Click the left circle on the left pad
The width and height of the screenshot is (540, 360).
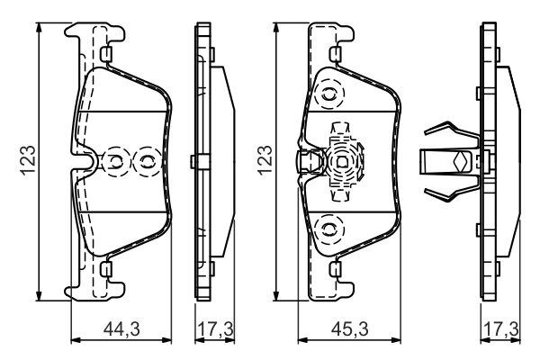click(x=116, y=162)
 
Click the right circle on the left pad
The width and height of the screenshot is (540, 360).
click(x=144, y=162)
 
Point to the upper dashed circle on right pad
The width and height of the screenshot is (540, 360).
click(x=329, y=92)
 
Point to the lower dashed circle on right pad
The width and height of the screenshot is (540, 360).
click(x=329, y=229)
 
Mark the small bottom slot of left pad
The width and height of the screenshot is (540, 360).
click(x=105, y=268)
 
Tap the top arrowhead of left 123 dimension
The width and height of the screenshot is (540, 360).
click(x=40, y=26)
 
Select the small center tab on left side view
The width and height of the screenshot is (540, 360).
click(x=195, y=162)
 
